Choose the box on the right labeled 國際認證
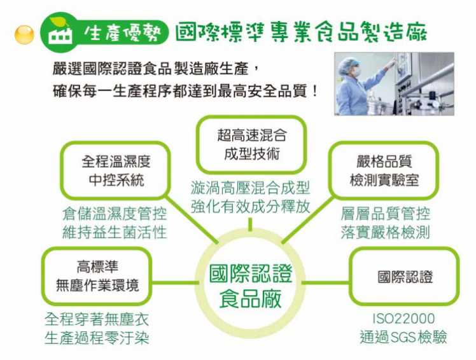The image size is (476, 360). [405, 277]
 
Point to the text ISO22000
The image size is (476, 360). [403, 318]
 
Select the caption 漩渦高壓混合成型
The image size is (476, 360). [250, 188]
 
